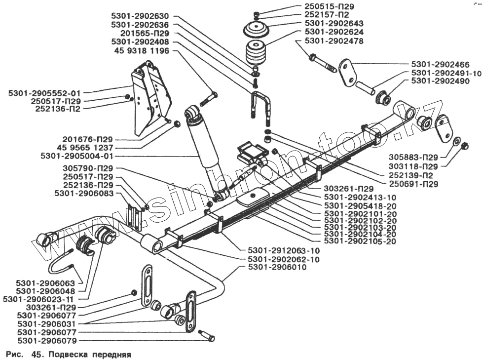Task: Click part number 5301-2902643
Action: pos(334,23)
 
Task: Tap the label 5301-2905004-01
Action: pos(77,156)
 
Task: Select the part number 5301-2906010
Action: pos(277,267)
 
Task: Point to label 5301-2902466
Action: pos(441,65)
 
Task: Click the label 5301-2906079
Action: pos(47,341)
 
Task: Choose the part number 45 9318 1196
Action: pos(142,51)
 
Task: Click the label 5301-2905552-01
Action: pos(44,93)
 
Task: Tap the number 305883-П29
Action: pos(413,158)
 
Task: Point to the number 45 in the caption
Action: pos(36,355)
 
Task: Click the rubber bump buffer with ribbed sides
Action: pos(256,52)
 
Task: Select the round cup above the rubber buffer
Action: pos(256,29)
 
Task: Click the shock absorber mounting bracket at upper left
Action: pos(150,97)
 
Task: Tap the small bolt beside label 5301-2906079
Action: pos(207,335)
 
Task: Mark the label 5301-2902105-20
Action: pos(360,241)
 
